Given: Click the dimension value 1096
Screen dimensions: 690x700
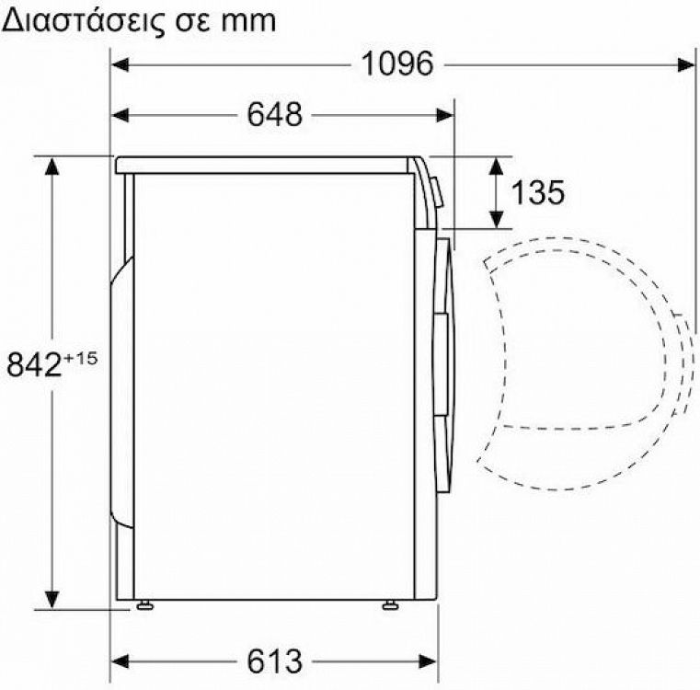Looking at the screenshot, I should click(396, 64).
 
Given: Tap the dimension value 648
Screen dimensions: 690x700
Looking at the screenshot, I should click(274, 115).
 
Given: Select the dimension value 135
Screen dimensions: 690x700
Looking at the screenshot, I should click(537, 192).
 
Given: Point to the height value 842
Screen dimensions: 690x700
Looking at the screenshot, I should click(32, 365).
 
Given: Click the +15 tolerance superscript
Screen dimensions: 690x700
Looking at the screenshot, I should click(80, 357).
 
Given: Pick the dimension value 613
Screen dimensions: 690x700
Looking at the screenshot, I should click(274, 661).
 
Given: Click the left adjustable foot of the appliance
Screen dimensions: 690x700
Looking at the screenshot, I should click(145, 604).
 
